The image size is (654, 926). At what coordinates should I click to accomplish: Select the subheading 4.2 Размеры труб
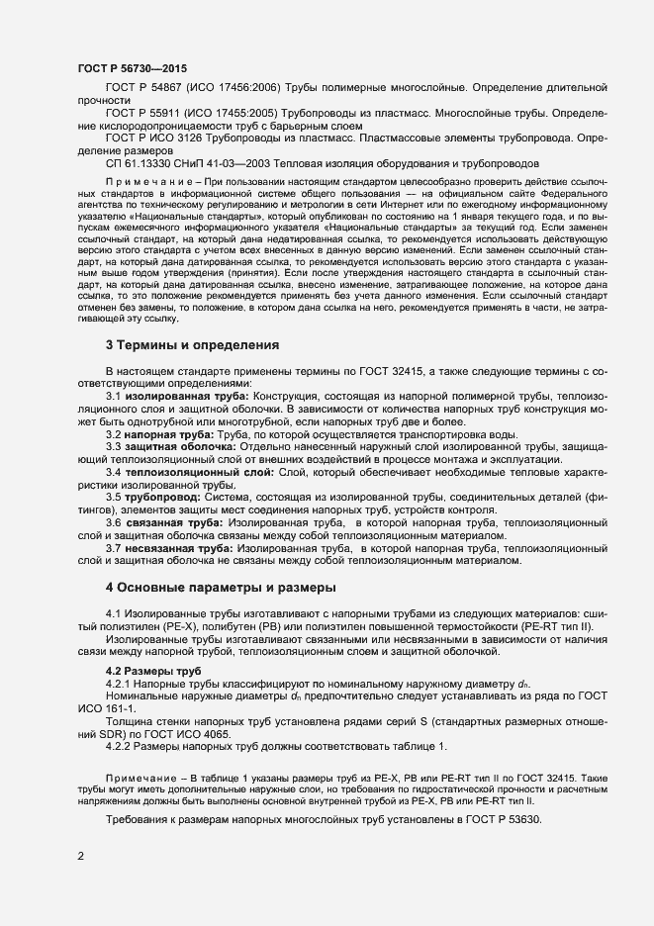tap(145, 671)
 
